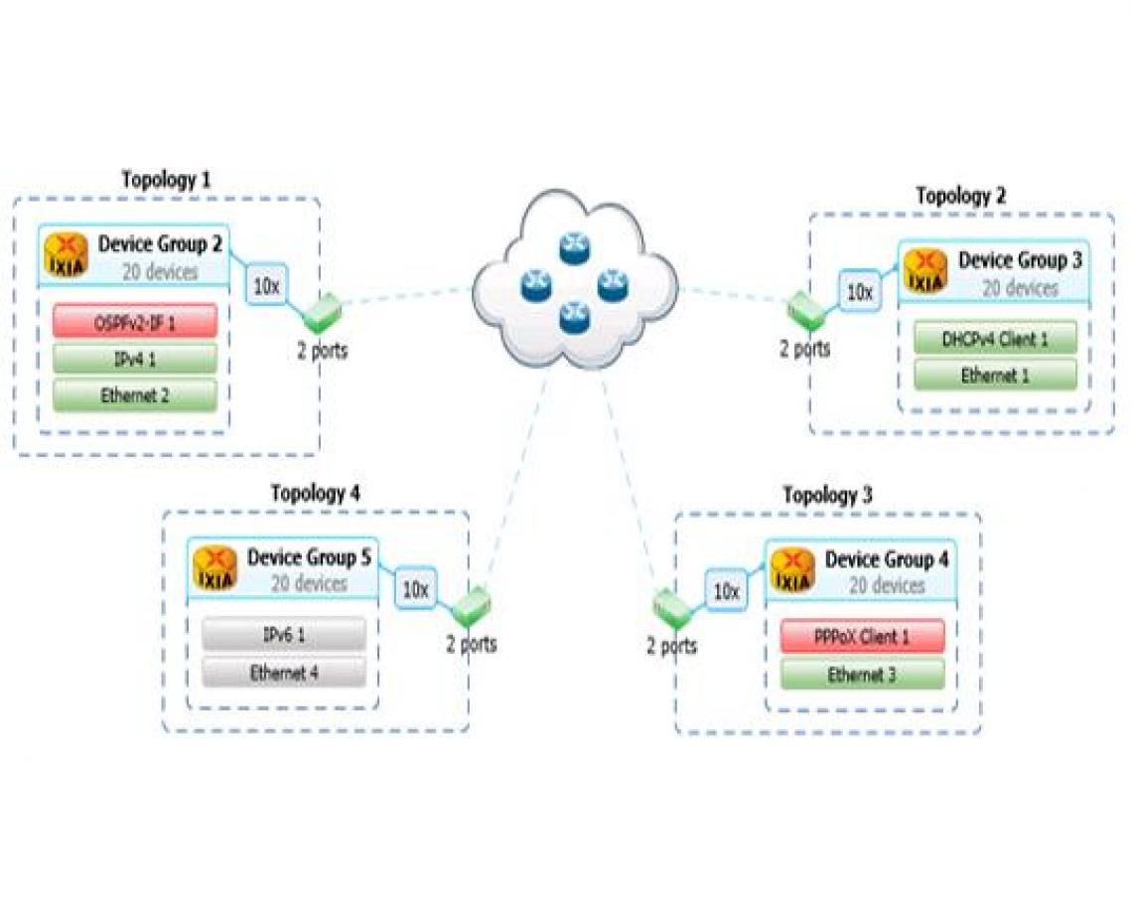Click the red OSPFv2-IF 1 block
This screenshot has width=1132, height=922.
coord(134,321)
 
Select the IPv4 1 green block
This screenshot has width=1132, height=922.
coord(134,359)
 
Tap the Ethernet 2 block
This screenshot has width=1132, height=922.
coord(134,394)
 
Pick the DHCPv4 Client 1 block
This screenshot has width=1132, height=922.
coord(995,339)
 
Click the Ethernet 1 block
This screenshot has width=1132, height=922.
coord(995,376)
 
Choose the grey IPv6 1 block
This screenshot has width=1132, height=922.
coord(284,635)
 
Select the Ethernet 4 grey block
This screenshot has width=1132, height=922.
coord(284,673)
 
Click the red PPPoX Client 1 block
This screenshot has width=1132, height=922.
coord(862,637)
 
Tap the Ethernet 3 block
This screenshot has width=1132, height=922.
coord(862,675)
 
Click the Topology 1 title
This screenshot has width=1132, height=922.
coord(166,180)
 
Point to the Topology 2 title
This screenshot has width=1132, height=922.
coord(960,196)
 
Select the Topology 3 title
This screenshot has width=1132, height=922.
coord(827,495)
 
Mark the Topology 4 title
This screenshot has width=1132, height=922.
coord(316,493)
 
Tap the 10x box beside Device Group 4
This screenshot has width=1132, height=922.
coord(727,591)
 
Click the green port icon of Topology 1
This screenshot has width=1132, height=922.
coord(322,314)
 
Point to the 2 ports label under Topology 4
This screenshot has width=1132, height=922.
coord(471,644)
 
